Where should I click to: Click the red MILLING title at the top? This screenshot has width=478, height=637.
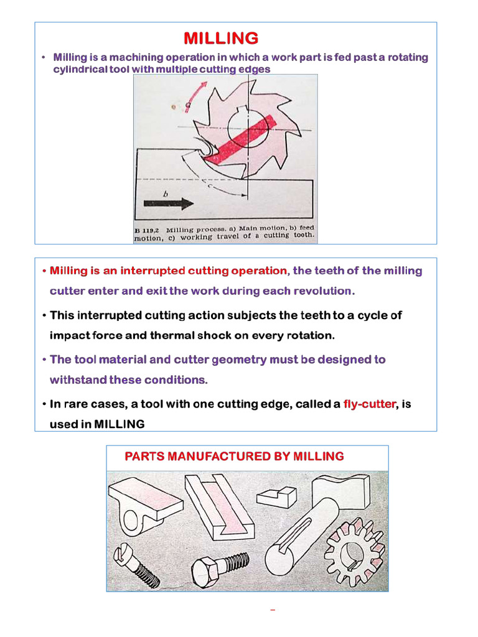click(x=221, y=39)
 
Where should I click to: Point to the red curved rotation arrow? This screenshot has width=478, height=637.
click(x=197, y=96)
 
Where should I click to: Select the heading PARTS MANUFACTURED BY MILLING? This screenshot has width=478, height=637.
click(x=234, y=457)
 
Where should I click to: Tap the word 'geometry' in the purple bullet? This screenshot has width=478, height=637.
click(x=242, y=360)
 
